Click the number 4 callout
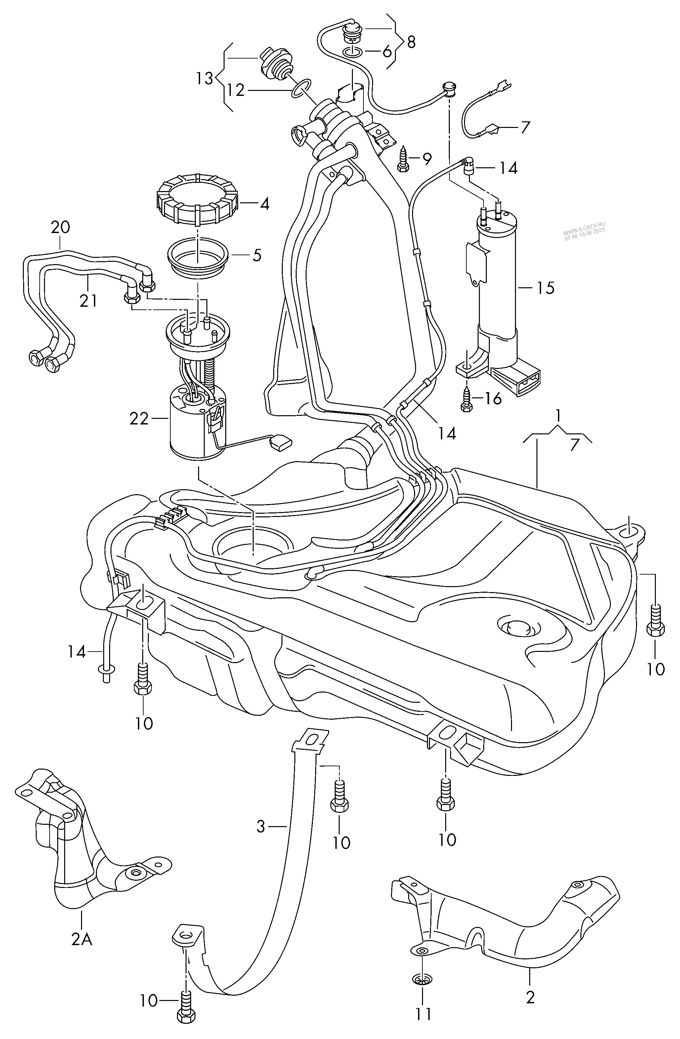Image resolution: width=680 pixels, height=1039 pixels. [265, 204]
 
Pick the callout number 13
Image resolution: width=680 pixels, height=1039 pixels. [204, 79]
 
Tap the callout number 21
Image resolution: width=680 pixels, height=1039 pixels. [88, 301]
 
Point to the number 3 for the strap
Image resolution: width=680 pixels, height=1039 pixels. [260, 826]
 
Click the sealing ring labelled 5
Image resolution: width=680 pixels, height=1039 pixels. [197, 258]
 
